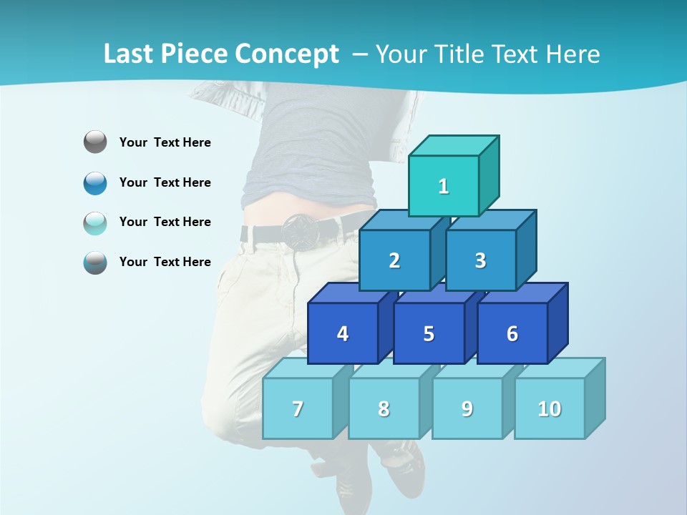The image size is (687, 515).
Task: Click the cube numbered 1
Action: point(444,186)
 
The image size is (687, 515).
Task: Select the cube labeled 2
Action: point(394,260)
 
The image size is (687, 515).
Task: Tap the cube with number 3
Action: point(480,260)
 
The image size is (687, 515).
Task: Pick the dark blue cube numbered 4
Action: point(343,333)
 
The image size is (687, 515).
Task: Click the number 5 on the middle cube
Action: point(429,333)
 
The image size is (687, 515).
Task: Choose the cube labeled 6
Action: point(512,333)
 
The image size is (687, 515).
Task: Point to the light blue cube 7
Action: point(298,408)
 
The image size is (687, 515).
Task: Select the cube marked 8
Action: point(384,408)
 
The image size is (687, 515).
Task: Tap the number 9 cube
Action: point(467,408)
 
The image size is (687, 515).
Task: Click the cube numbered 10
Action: point(550,408)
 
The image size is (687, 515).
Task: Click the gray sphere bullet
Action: point(95,142)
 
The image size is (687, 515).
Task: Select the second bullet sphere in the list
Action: point(95,182)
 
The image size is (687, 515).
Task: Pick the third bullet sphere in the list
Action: point(95,222)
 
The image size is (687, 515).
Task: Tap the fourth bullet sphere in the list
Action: point(95,262)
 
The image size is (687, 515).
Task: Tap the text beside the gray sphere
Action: point(165,142)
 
